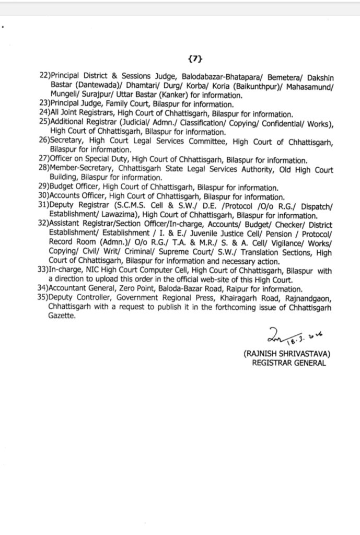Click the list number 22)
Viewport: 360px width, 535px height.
click(x=44, y=76)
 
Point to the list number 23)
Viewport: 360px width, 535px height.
click(x=44, y=104)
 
